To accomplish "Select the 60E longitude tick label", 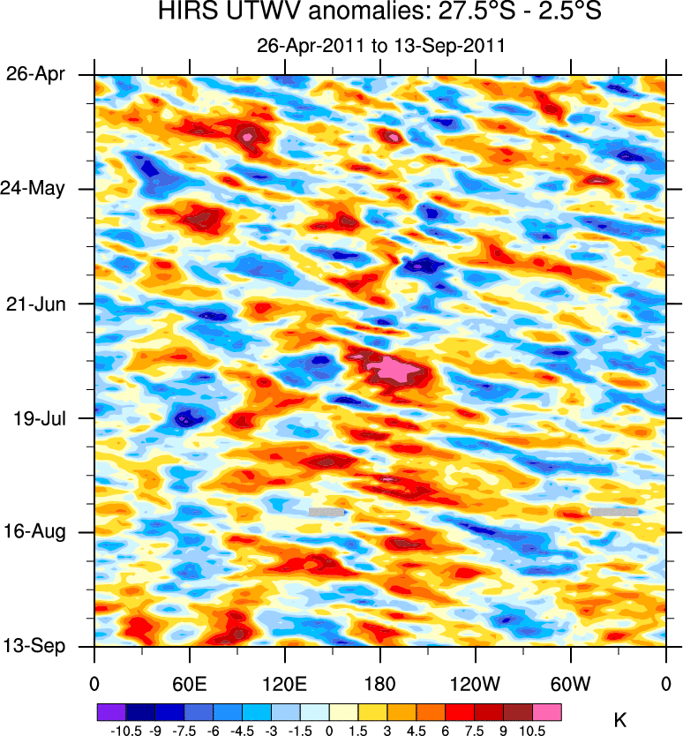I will [189, 683].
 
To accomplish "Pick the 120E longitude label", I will [284, 683].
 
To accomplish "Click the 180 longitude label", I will [379, 683].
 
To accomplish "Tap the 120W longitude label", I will [475, 683].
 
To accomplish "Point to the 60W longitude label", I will [570, 683].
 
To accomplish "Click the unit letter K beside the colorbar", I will [620, 721].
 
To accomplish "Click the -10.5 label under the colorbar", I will [125, 731].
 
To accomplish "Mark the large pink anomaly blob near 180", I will [392, 368].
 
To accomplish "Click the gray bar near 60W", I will [614, 512].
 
